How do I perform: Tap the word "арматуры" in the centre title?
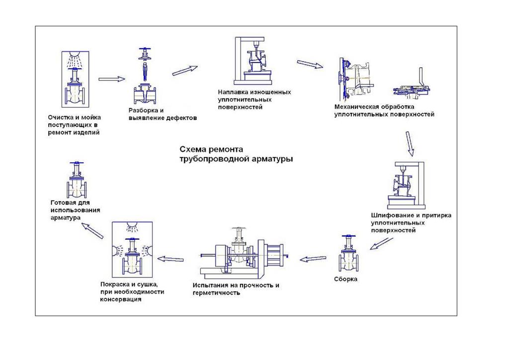(272, 159)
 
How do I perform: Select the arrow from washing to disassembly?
(111, 79)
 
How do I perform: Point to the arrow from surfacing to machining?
(310, 65)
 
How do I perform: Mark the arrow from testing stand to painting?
(174, 258)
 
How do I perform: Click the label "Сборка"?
(345, 279)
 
